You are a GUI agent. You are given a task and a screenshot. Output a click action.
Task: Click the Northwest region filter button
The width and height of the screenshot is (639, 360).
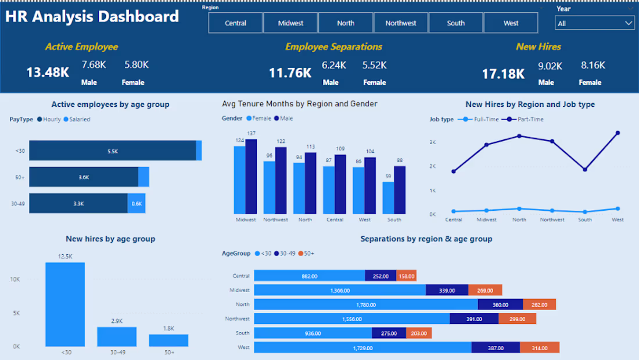(x=401, y=23)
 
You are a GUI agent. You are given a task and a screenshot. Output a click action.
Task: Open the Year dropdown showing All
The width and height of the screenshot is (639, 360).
(x=594, y=23)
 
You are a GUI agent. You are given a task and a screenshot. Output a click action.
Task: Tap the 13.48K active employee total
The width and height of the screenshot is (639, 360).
(x=48, y=73)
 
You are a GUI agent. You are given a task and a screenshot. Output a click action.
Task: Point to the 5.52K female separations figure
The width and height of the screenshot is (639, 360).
(x=374, y=65)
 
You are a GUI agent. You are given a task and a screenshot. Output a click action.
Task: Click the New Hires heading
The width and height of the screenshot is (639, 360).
(x=539, y=47)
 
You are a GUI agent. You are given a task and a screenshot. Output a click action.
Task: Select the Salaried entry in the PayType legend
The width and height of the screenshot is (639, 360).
(x=77, y=119)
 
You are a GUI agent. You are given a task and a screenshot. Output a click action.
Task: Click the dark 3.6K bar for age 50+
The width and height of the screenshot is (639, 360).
(x=84, y=177)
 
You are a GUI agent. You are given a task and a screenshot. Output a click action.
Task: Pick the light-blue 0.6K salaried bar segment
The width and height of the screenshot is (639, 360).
(x=136, y=203)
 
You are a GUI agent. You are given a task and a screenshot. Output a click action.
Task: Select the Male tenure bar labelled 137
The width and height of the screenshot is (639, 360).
(x=251, y=177)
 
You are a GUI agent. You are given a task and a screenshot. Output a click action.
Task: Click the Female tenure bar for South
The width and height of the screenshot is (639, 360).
(x=388, y=197)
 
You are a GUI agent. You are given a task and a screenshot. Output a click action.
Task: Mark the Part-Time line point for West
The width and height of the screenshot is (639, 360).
(x=618, y=133)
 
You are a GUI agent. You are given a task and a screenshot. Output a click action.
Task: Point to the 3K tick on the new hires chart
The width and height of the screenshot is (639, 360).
(x=432, y=142)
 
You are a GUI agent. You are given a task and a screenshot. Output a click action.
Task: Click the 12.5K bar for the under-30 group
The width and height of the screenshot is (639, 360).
(x=65, y=304)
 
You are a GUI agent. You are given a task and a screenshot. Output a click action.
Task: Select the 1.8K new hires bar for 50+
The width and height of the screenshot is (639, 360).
(x=168, y=340)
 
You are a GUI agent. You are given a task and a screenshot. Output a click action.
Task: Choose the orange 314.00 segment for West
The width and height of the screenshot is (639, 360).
(x=540, y=348)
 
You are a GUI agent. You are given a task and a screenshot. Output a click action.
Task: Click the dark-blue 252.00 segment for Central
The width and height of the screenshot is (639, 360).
(x=380, y=276)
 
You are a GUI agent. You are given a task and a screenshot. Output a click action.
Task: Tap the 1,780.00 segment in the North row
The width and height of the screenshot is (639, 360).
(x=366, y=304)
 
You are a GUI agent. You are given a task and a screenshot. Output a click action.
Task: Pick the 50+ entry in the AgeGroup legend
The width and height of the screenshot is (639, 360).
(x=306, y=253)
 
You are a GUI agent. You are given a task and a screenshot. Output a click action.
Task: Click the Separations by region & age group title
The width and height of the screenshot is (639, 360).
(x=426, y=239)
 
